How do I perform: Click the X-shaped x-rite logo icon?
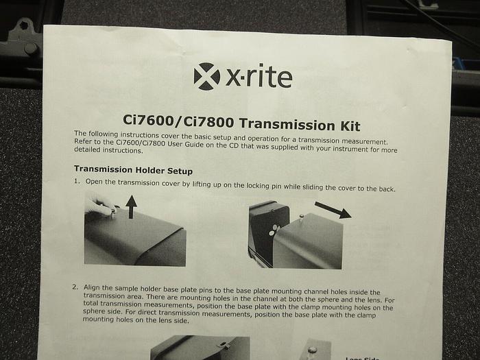pos(207,76)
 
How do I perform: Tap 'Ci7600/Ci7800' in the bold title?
pos(170,122)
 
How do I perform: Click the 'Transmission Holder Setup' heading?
pos(133,169)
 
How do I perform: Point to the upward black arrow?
pos(132,206)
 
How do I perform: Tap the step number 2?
pos(75,287)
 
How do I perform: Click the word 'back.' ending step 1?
pos(385,188)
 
